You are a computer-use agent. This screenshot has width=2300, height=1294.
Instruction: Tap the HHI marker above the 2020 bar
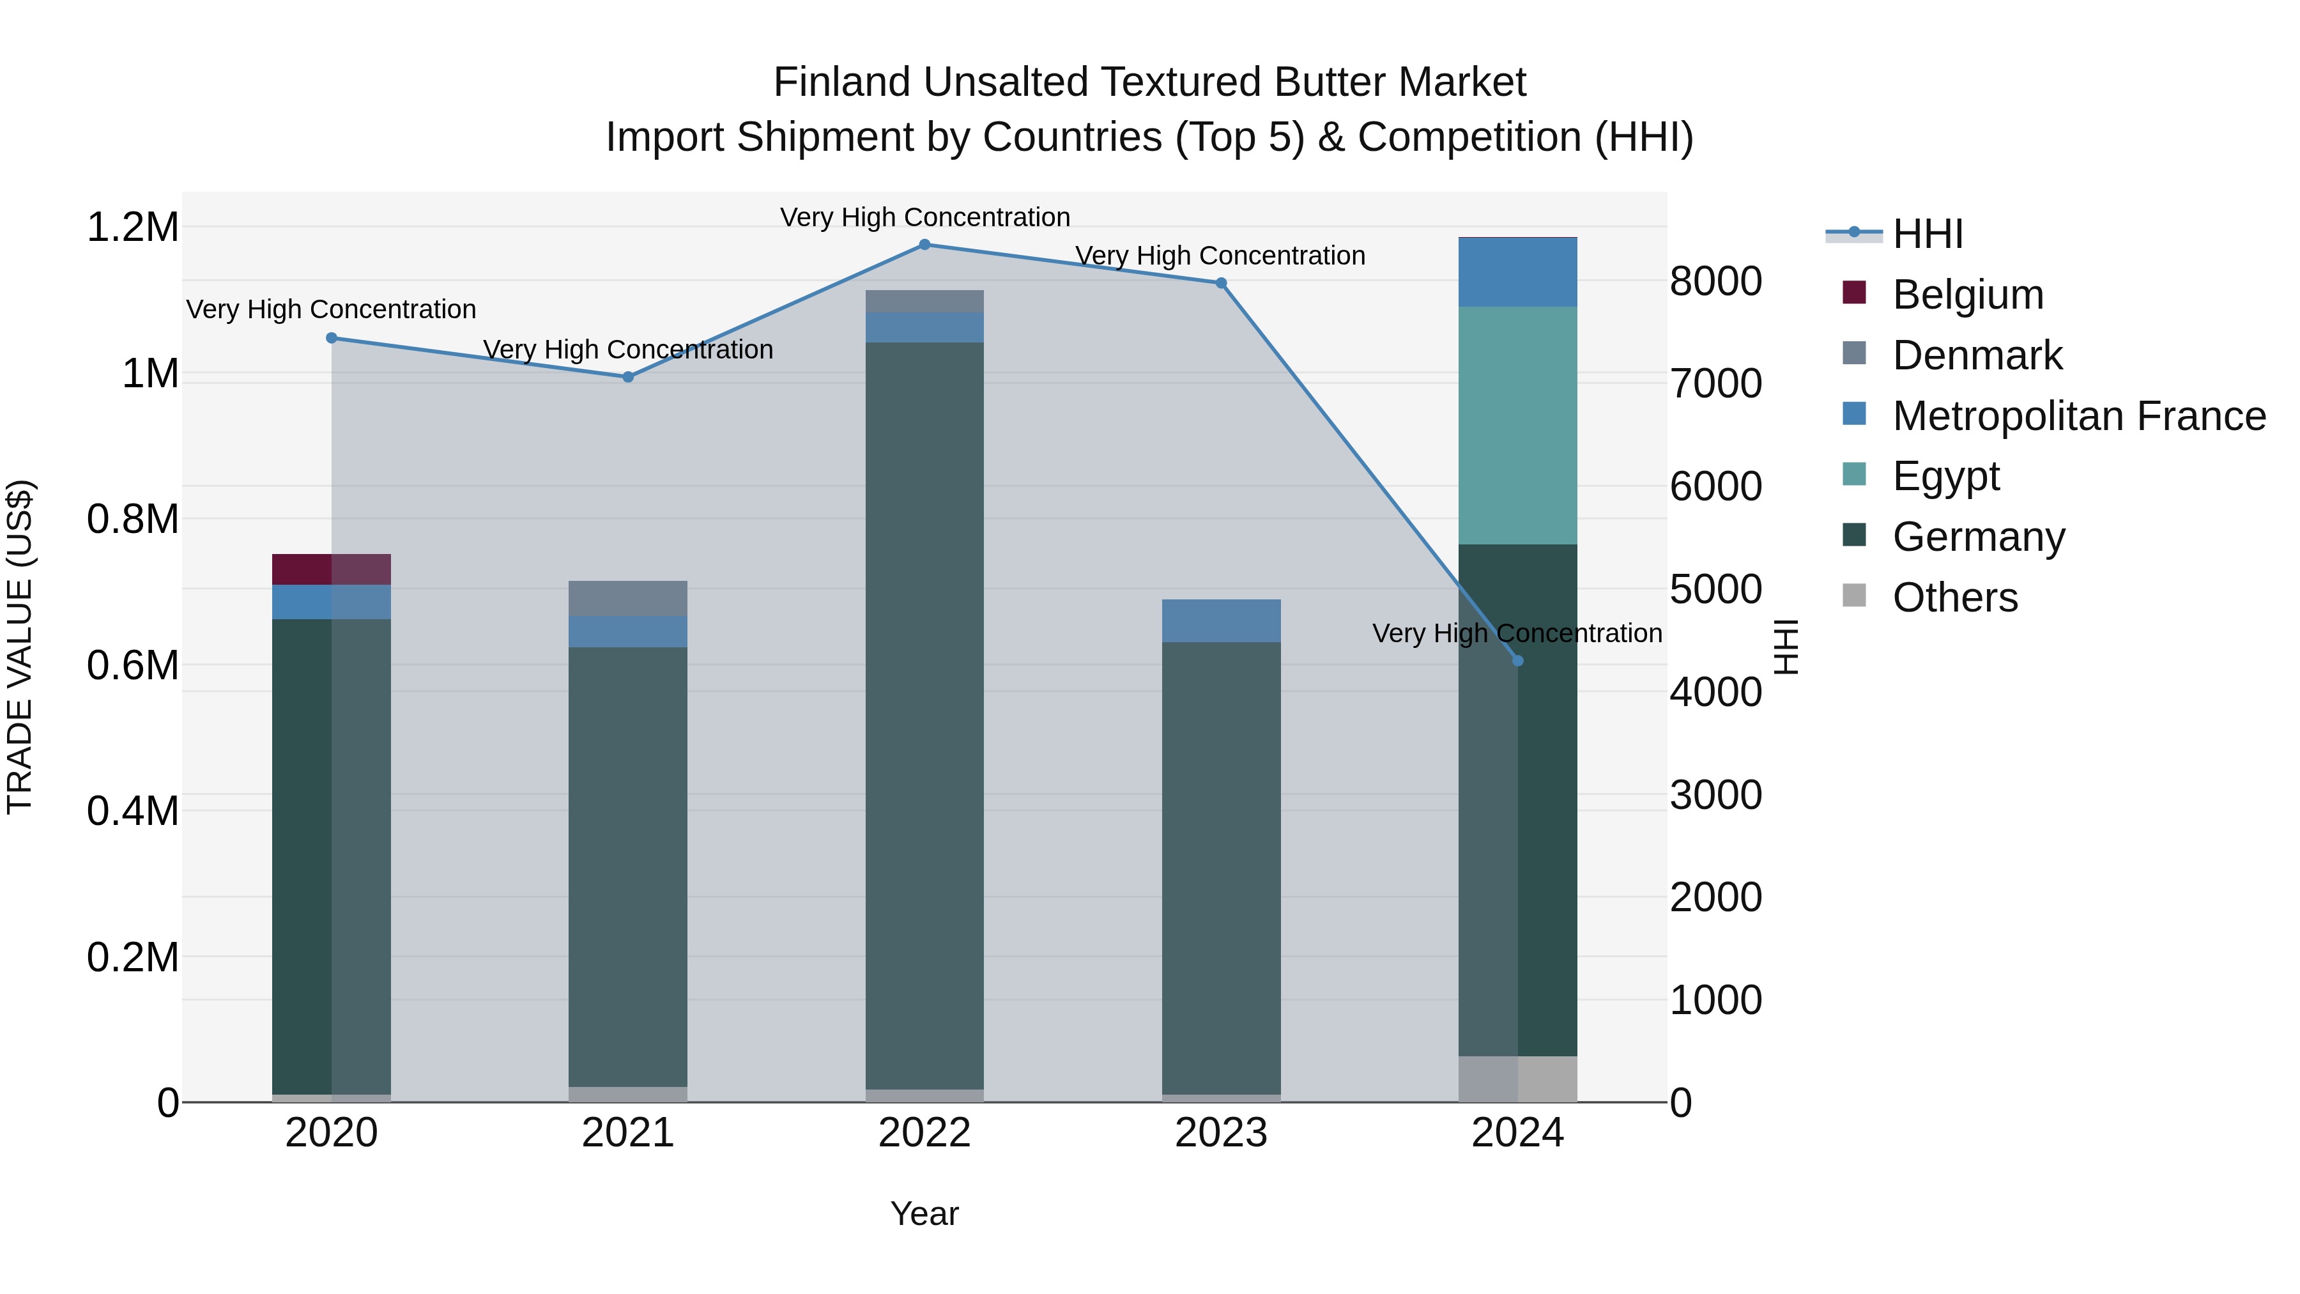[x=331, y=337]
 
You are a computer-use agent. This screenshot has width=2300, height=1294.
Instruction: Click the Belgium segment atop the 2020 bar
[x=331, y=569]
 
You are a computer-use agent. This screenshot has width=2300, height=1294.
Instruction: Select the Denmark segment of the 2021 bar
[x=627, y=598]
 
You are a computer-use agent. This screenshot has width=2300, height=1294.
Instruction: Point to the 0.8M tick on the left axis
[x=132, y=520]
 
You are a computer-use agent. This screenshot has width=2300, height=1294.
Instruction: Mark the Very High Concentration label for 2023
[x=1220, y=256]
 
